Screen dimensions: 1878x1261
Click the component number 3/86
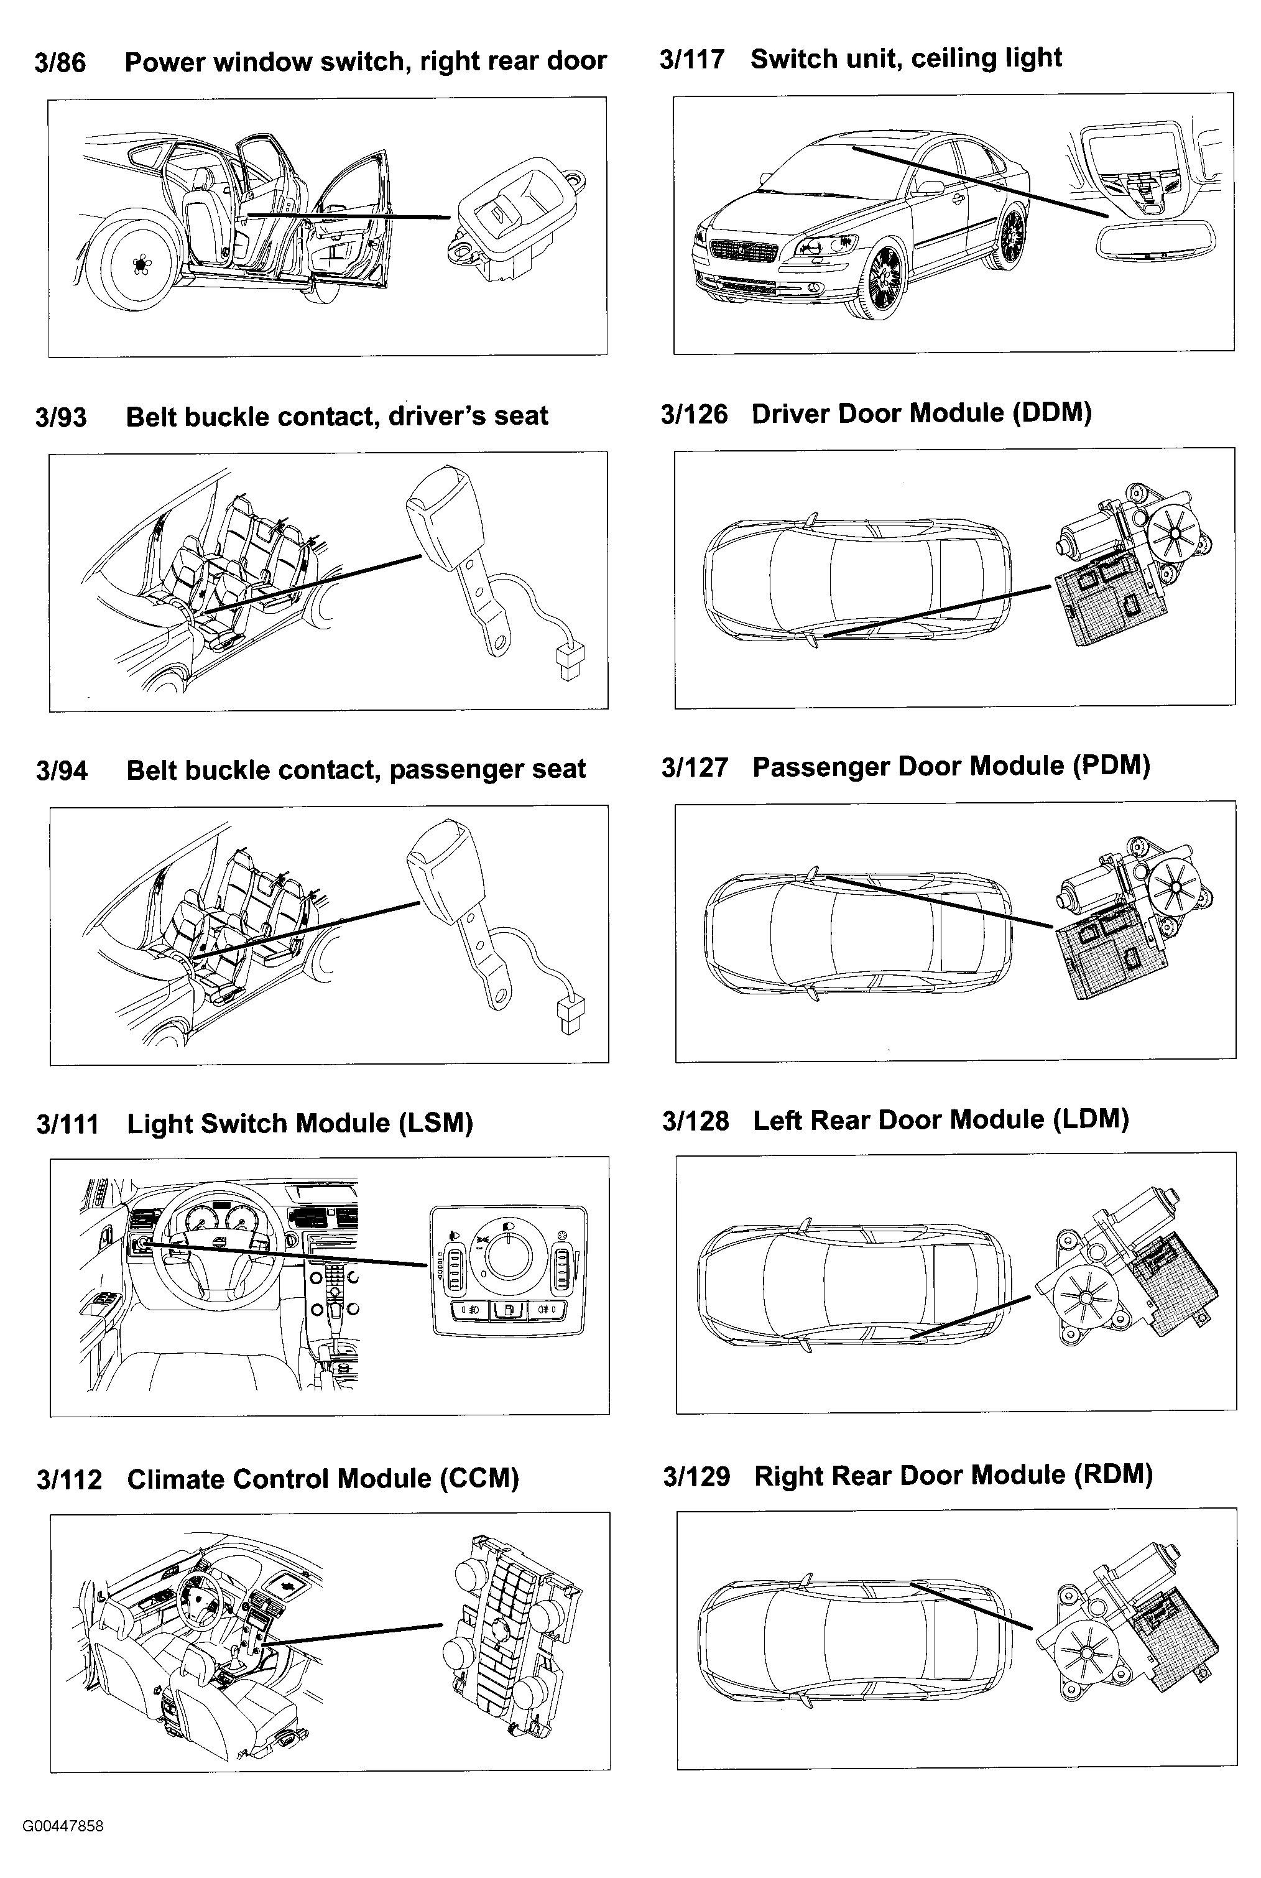click(x=60, y=63)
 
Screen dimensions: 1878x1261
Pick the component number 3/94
click(x=62, y=770)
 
